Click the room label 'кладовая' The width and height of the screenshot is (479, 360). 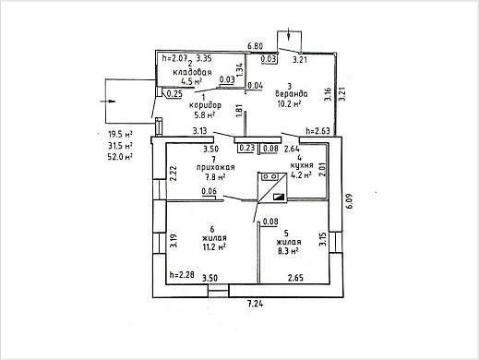point(192,73)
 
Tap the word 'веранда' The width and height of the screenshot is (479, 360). point(292,93)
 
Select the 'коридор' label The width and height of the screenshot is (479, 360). point(205,105)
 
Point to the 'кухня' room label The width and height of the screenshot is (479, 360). point(302,165)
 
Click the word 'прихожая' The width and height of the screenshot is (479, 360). point(215,167)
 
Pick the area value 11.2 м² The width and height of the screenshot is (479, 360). point(214,246)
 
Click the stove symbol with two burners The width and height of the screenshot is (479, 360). point(269,176)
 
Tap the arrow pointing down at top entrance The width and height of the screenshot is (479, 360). point(289,34)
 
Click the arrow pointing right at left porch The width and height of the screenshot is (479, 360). point(107,102)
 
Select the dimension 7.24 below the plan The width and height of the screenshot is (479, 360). point(256,305)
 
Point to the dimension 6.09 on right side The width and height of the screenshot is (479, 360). point(349,201)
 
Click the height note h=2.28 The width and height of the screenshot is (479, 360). point(182,275)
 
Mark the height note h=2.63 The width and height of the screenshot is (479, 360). point(317,131)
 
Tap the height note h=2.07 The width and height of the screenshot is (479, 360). point(174,58)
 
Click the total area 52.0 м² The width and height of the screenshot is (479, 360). point(120,157)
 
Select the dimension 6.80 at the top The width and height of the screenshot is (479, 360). point(256,46)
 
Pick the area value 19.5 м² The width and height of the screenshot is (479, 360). point(120,134)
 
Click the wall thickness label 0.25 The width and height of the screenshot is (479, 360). point(174,94)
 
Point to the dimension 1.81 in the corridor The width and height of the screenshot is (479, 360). point(239,111)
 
